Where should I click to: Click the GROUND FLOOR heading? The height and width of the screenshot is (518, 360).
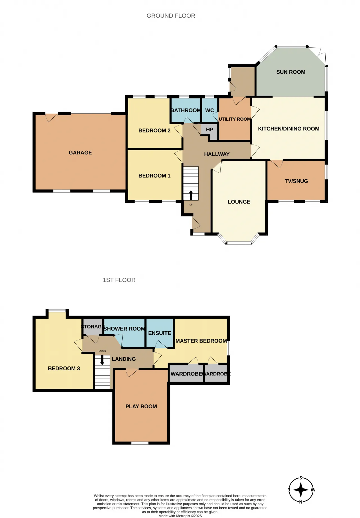171,16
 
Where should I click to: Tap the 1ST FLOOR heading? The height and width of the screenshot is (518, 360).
119,280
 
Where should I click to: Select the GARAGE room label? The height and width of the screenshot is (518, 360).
80,153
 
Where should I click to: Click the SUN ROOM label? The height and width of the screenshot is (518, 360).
291,72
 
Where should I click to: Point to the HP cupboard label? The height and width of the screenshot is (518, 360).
210,130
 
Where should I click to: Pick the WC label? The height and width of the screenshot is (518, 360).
210,110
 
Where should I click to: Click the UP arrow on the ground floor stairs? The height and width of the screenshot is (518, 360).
191,195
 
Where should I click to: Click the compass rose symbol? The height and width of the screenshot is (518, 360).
301,490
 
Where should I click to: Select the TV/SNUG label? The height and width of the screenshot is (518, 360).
296,181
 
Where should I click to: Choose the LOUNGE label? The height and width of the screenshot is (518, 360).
239,202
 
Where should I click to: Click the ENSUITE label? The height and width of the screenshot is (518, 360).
159,333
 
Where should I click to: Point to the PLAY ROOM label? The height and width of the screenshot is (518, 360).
141,406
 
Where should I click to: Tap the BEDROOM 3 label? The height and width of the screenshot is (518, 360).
64,368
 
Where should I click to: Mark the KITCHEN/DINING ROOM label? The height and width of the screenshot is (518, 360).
289,129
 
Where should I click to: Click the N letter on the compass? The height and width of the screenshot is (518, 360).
301,502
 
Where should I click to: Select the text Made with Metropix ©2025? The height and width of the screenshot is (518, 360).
180,516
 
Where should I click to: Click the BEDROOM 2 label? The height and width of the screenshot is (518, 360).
154,130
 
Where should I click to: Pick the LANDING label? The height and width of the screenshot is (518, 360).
124,359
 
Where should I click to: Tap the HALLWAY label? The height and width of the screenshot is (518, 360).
217,154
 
